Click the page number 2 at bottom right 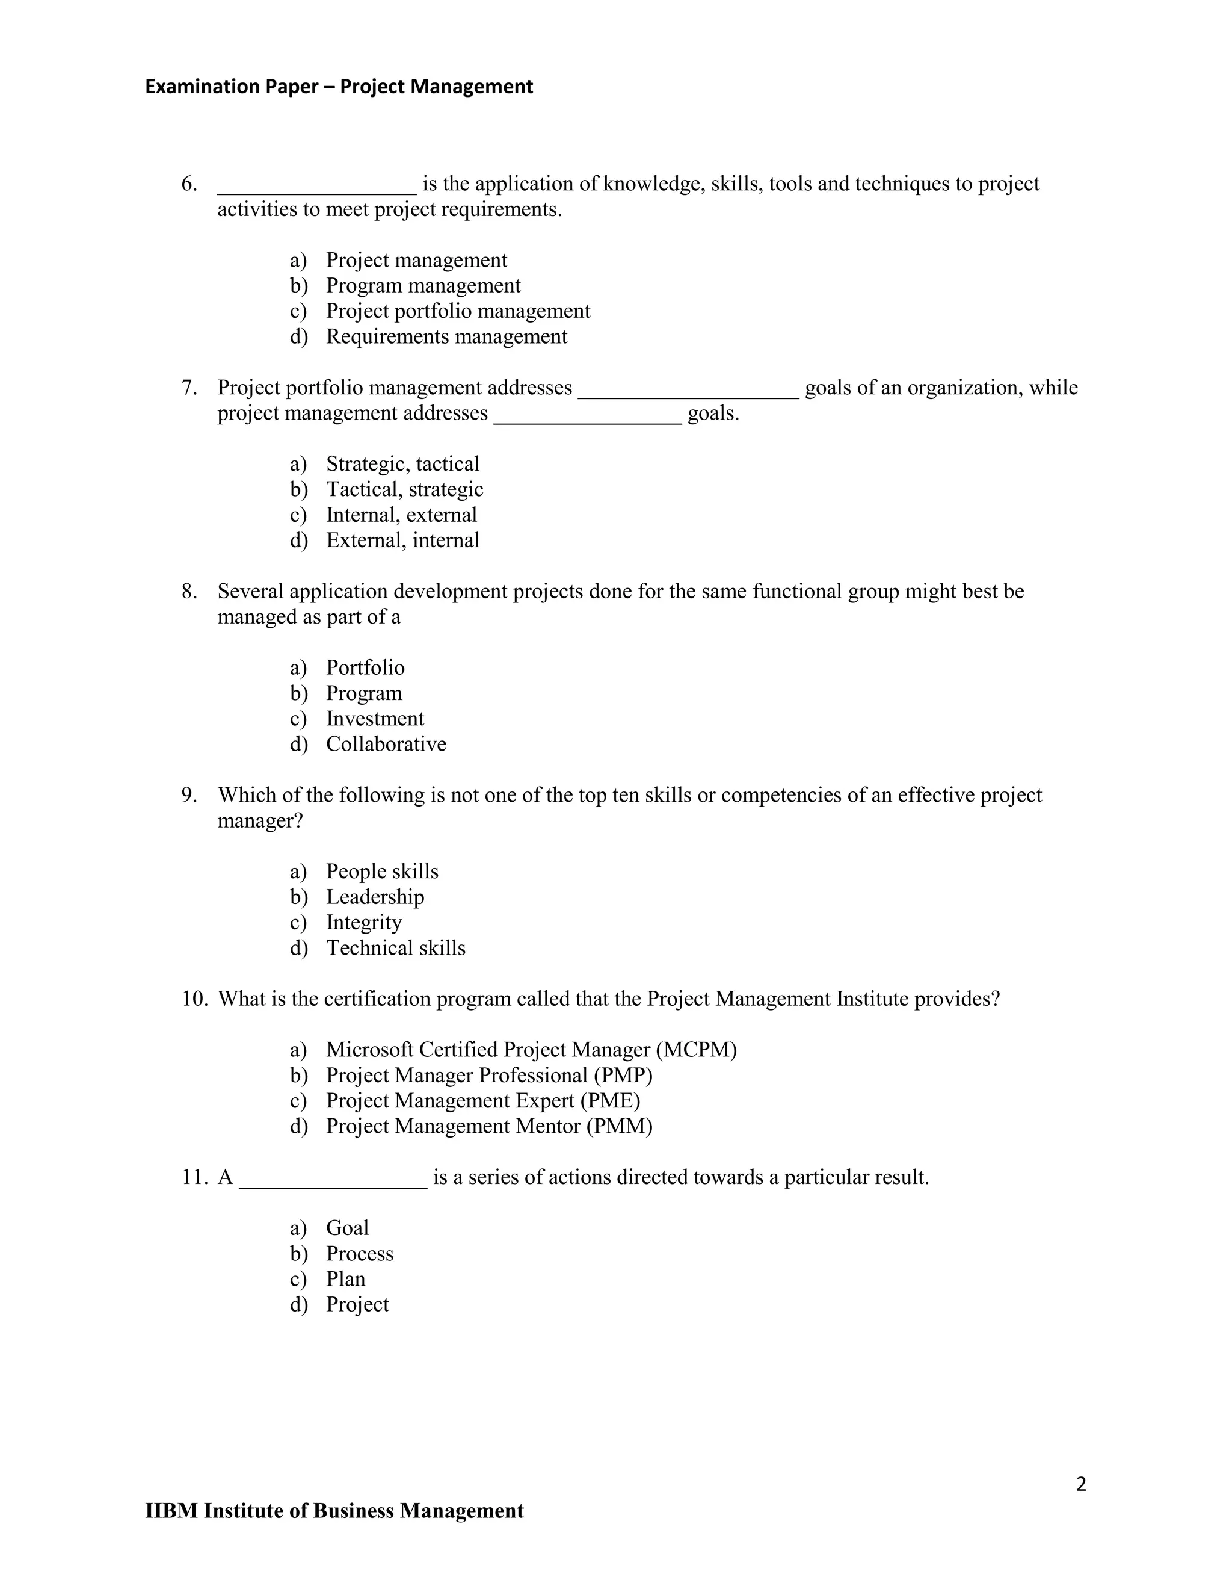1081,1485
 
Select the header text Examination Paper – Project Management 339,87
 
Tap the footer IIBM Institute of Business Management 334,1511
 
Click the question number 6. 188,184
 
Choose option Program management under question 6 422,285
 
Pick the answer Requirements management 446,336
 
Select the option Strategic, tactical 402,463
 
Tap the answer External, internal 402,540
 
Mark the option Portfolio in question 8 365,667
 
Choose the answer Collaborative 386,744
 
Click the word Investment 374,719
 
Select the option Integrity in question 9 363,922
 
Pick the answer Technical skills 395,948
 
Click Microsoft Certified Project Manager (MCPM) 531,1050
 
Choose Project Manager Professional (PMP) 489,1075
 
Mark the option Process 359,1253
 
